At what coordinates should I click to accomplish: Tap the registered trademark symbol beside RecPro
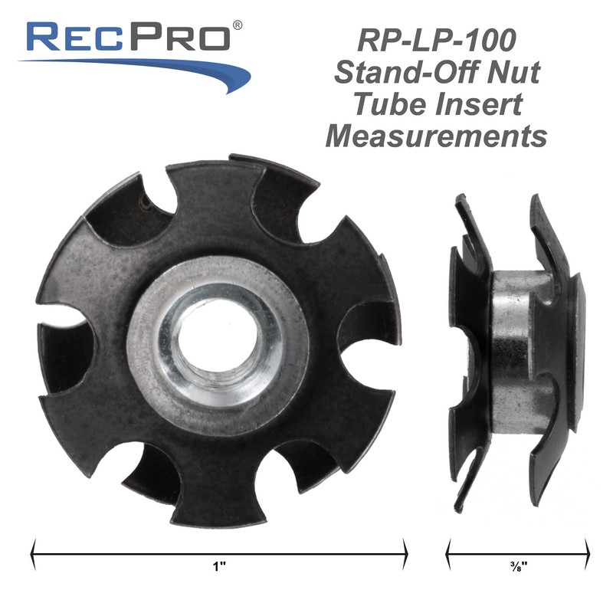[x=238, y=25]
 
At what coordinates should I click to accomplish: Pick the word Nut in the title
[x=514, y=74]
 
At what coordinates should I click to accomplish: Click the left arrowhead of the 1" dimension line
[x=34, y=549]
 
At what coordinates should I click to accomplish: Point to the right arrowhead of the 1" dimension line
[x=404, y=549]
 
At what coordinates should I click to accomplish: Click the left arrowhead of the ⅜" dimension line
[x=449, y=549]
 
